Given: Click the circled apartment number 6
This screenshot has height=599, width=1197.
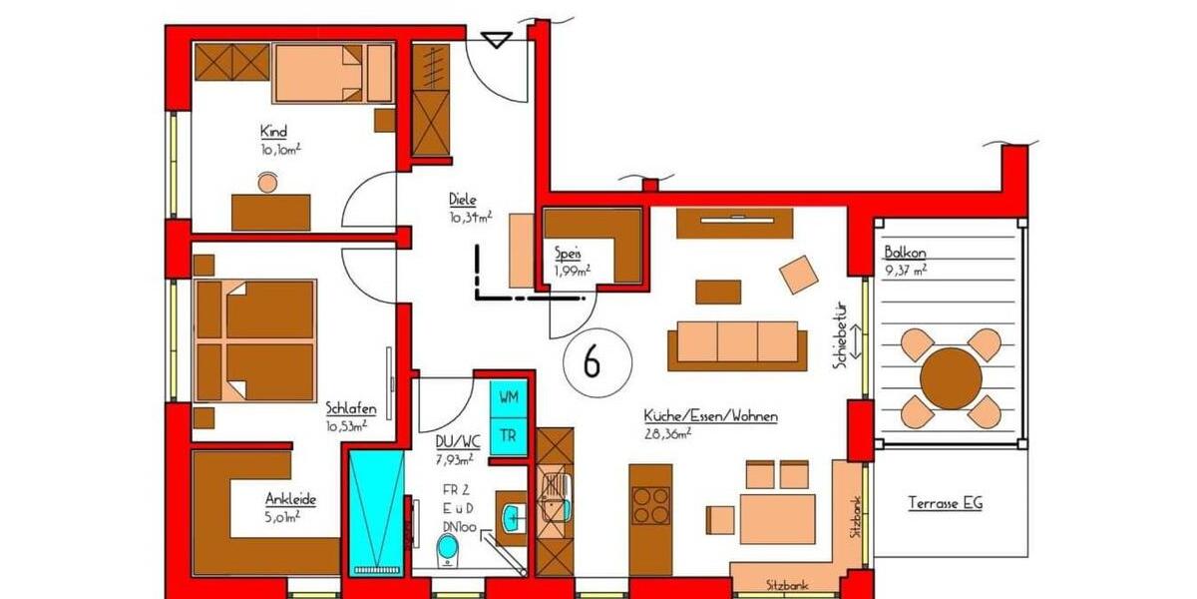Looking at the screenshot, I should coord(591,363).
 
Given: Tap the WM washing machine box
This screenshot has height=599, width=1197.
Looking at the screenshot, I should coord(508,397).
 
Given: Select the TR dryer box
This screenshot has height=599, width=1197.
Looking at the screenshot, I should coord(508,435).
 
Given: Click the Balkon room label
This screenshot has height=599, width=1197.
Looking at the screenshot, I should coord(906,252).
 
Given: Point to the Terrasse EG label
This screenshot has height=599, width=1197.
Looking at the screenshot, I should coord(944,503).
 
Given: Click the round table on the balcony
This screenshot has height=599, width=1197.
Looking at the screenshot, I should coord(950,378).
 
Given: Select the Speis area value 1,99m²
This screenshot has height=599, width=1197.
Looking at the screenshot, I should coord(572,270).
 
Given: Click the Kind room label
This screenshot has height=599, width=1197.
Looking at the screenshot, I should coord(273,132).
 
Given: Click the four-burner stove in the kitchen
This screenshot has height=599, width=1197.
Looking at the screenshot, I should coord(651,505).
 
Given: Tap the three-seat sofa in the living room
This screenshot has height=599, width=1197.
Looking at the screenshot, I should coord(737,342).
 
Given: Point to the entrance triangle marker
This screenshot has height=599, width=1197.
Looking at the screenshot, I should coord(496,41).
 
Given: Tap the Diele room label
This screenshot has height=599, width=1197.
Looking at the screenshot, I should coord(462,201).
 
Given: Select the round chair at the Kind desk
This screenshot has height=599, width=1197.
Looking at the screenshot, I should coord(267,183).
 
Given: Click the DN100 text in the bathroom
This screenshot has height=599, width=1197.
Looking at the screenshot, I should coord(460,525).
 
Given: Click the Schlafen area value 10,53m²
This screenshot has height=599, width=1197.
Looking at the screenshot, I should coord(347,425).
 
